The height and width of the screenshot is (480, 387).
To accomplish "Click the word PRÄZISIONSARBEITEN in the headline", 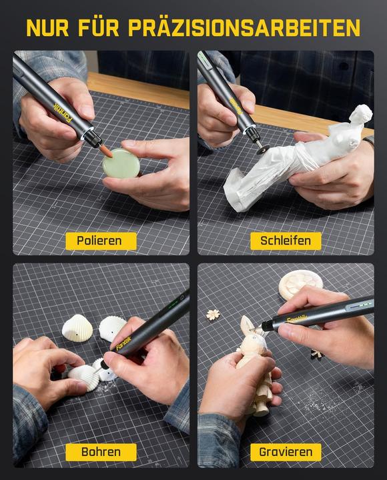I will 244,28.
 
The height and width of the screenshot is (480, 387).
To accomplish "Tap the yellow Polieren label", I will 100,241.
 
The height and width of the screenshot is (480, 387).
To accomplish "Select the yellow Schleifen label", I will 286,241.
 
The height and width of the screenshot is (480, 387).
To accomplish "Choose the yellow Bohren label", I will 100,452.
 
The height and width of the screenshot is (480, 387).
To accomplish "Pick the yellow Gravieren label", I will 286,452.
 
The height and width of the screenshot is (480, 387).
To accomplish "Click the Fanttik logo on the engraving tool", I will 297,319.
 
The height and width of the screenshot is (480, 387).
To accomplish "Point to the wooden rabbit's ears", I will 249,327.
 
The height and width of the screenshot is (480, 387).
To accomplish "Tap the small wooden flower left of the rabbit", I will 214,314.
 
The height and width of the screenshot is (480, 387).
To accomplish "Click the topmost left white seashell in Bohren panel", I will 76,326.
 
